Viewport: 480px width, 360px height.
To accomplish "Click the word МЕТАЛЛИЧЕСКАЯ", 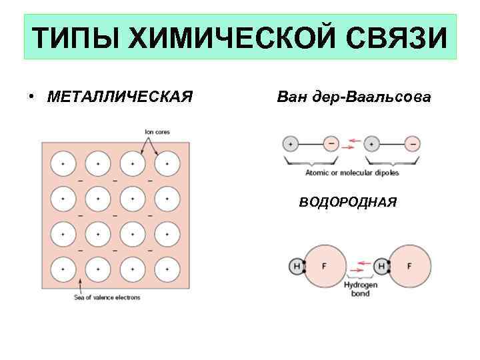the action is (x=120, y=97).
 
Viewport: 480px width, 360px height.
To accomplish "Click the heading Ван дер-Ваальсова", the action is (x=353, y=97).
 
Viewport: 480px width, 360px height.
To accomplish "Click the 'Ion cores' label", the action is (x=157, y=132).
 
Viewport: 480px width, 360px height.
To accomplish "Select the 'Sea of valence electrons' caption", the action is (x=107, y=297).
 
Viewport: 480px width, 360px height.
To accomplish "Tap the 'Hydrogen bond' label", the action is (x=361, y=289).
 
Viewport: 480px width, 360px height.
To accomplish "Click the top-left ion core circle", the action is (x=63, y=163).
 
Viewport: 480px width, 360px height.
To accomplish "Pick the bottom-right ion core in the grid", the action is (x=167, y=268).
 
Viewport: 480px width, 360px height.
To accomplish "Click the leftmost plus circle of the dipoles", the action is (x=290, y=143).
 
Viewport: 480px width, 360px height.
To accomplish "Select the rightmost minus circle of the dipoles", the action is (x=413, y=143).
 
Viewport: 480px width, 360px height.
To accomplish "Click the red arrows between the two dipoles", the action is (x=351, y=143).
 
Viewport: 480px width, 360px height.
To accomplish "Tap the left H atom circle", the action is (x=296, y=266).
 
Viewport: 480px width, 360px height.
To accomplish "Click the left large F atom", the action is (x=325, y=266).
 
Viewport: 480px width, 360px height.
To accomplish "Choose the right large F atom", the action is (x=409, y=266).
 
